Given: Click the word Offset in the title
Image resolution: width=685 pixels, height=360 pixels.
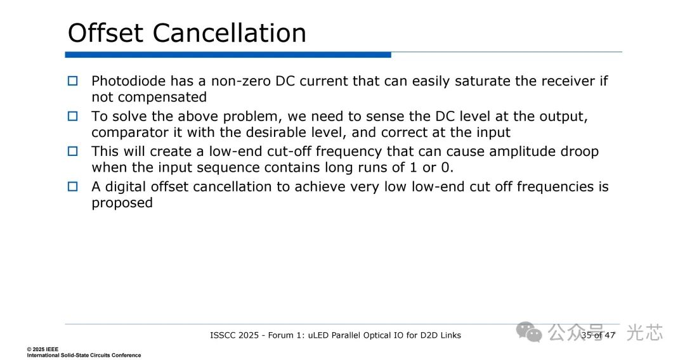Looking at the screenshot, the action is (105, 33).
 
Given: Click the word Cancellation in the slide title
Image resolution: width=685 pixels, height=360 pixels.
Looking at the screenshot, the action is (230, 33).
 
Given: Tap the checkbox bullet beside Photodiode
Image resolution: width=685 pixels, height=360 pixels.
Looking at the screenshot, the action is (72, 80).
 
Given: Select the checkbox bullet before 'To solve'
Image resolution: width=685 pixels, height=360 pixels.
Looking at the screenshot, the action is (72, 116).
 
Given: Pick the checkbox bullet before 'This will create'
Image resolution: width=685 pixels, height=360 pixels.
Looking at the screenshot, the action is (72, 151).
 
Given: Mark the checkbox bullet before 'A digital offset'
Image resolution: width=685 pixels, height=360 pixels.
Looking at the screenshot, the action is (72, 186).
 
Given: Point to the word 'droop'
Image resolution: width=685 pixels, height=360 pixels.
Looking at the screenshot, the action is (579, 152).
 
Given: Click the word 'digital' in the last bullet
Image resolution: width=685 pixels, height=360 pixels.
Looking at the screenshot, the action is (126, 187).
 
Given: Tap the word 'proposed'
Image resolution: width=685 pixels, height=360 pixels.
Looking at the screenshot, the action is (122, 203).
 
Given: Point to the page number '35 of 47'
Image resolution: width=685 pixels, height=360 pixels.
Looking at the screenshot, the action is (598, 335).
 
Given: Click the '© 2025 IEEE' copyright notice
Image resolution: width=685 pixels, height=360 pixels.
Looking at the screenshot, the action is (42, 349).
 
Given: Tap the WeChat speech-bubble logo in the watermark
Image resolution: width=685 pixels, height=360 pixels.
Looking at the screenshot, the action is (528, 333).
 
